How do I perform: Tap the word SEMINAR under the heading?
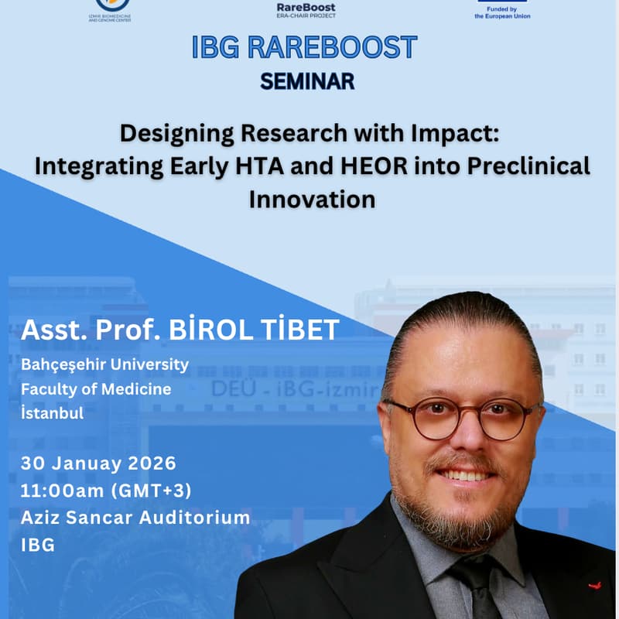(307, 80)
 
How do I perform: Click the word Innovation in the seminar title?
(312, 199)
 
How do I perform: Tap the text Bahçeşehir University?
(104, 363)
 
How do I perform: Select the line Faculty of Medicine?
(96, 388)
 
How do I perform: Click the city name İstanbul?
(52, 413)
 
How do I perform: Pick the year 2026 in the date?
(149, 463)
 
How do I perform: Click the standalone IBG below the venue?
(38, 544)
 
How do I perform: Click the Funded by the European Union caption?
(502, 12)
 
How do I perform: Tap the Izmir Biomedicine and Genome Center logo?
(110, 9)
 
